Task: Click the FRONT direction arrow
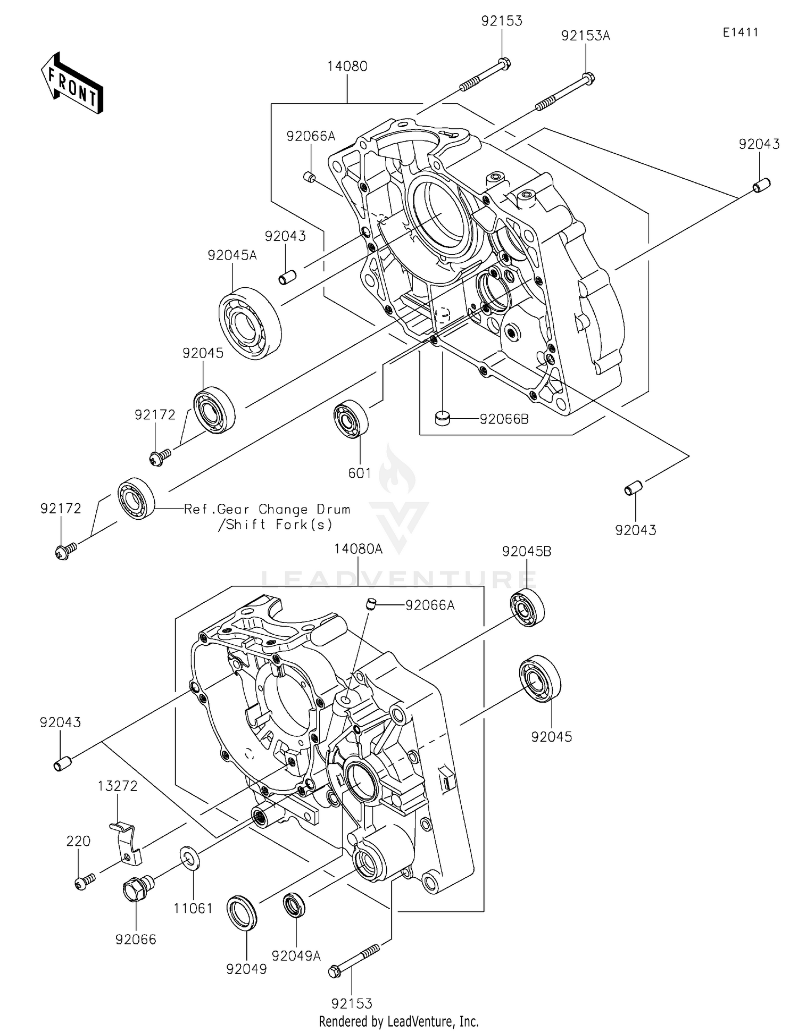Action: point(72,83)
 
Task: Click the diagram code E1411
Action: point(740,32)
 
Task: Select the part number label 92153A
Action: point(585,36)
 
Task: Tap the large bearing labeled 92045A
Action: point(250,322)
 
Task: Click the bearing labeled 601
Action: point(351,418)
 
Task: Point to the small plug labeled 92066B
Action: point(443,418)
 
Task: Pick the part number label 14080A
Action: point(358,549)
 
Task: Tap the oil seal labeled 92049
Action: point(242,913)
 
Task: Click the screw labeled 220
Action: point(84,882)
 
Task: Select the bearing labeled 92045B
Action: point(527,608)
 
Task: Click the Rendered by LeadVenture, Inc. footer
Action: point(398,1021)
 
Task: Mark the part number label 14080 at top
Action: point(347,66)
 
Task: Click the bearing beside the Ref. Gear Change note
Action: point(136,498)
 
